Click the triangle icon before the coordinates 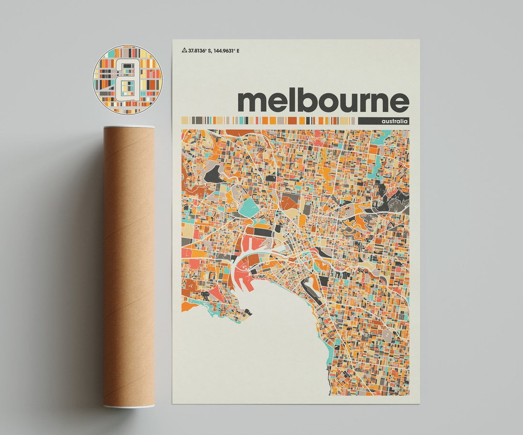click(x=184, y=50)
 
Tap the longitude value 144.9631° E click(x=228, y=50)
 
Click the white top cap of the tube click(x=129, y=127)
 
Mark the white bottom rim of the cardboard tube click(x=129, y=406)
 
